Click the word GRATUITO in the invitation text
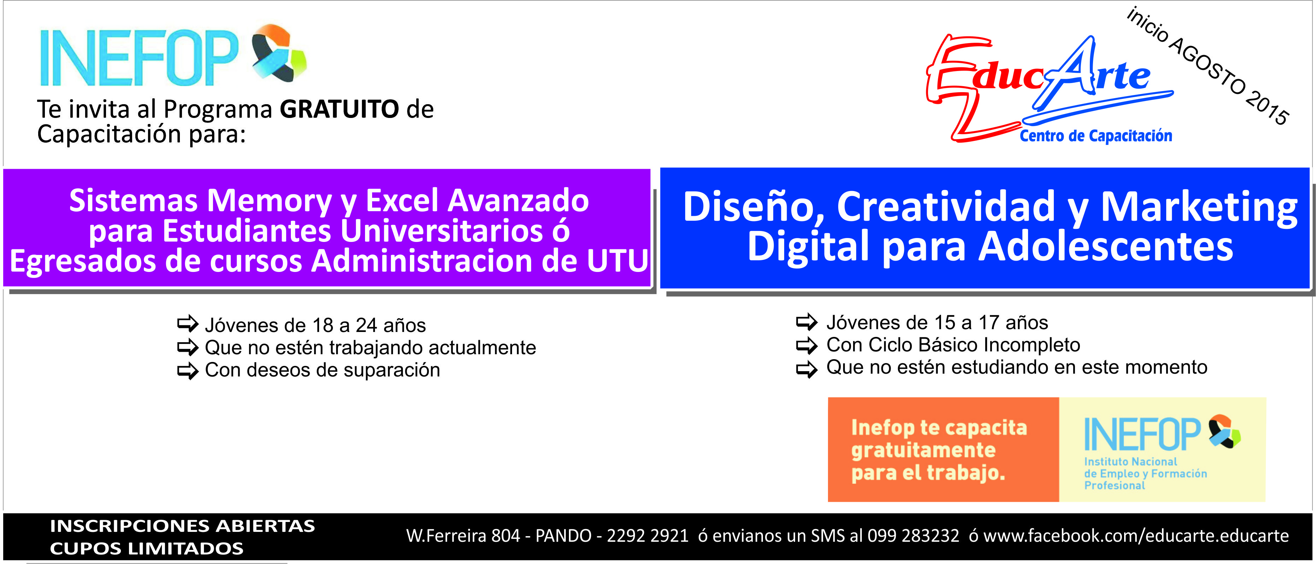tap(339, 109)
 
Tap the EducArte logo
tap(1050, 89)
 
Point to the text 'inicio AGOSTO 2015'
tap(1208, 65)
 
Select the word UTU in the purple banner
tap(617, 261)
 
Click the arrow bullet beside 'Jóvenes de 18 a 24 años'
tap(188, 324)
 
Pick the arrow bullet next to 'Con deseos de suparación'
tap(188, 370)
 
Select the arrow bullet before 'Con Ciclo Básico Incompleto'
tap(807, 345)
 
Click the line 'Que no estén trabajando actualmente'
tap(370, 348)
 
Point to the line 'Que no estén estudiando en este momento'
tap(1017, 367)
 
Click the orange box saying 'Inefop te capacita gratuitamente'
tap(943, 449)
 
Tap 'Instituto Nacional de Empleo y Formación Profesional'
tap(1145, 473)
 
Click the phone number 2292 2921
tap(647, 535)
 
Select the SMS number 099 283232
tap(913, 535)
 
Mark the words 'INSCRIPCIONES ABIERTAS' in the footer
tap(182, 526)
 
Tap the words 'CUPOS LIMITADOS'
tap(147, 548)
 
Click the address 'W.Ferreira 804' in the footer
tap(463, 535)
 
